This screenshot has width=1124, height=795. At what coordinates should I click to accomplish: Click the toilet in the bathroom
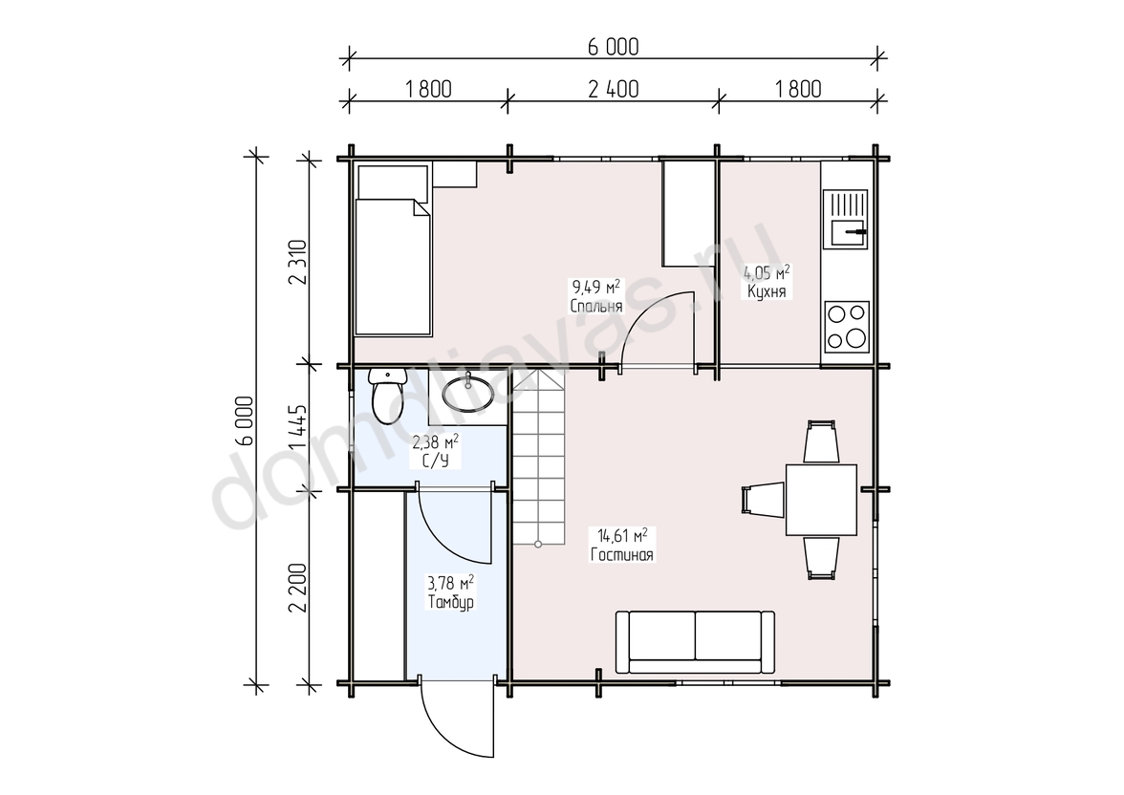tap(385, 395)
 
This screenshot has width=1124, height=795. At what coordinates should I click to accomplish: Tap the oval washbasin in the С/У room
tap(467, 392)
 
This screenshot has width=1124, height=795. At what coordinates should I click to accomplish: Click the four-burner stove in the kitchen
tap(847, 327)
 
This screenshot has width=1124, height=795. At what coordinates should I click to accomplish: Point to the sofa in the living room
tap(695, 642)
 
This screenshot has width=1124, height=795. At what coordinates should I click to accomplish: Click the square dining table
tap(822, 500)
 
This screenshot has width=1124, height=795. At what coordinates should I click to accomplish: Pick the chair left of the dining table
tap(762, 500)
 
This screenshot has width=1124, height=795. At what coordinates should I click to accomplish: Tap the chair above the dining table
tap(822, 441)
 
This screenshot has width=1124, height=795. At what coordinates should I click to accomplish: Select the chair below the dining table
tap(822, 558)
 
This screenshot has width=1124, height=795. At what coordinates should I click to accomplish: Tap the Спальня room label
tap(596, 306)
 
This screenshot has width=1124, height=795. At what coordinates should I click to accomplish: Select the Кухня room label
tap(767, 291)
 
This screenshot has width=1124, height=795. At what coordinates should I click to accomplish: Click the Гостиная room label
tap(622, 554)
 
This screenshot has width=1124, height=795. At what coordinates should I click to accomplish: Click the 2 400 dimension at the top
tap(613, 90)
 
